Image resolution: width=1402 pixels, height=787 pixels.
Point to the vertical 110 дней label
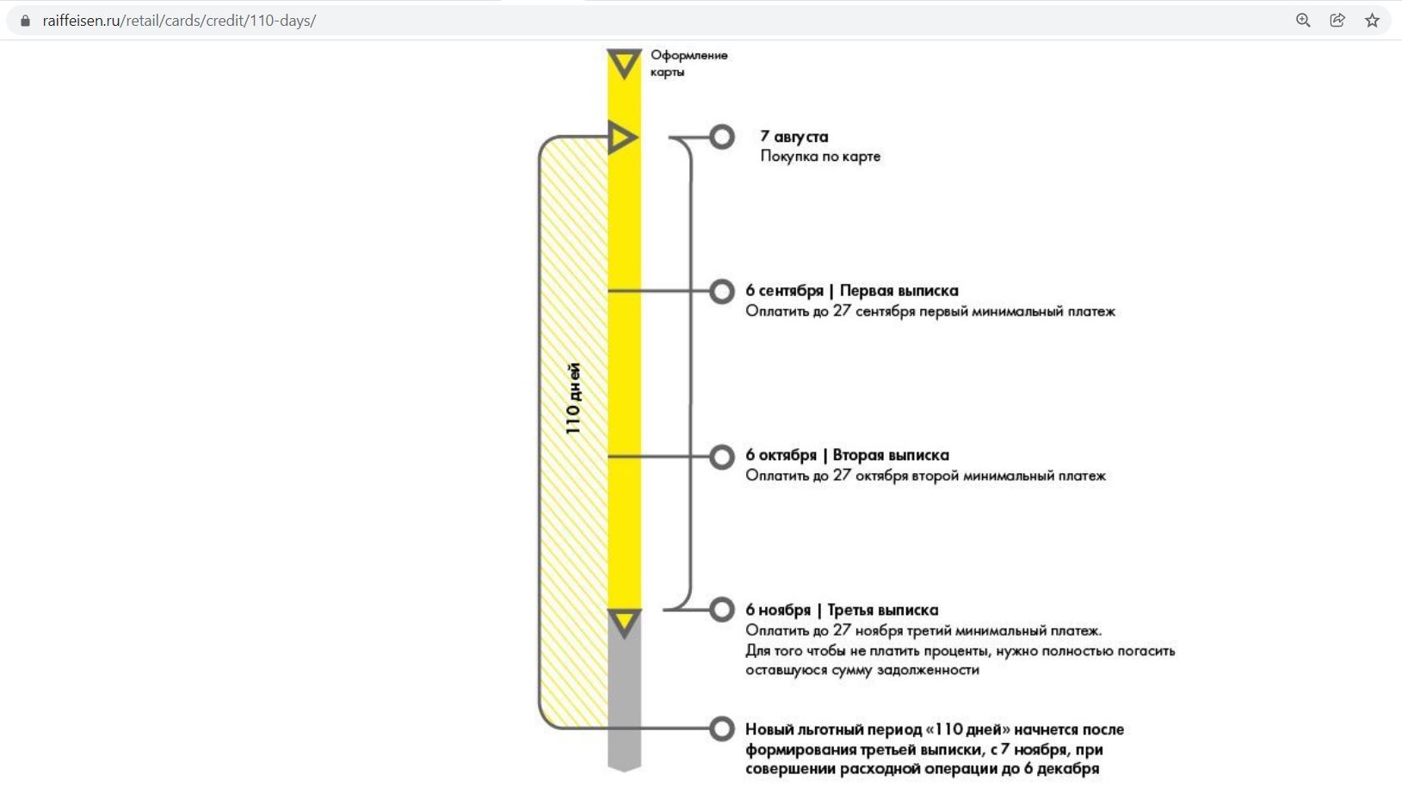(x=573, y=398)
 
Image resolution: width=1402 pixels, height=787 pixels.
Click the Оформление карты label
(x=689, y=63)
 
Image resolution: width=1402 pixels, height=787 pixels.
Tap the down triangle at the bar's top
(x=624, y=64)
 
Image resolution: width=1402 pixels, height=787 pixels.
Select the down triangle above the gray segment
(x=624, y=624)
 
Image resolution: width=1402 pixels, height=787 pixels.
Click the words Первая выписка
(x=899, y=291)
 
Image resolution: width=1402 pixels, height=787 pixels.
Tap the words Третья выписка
(x=882, y=610)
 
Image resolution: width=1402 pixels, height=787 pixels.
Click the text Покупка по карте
(x=820, y=157)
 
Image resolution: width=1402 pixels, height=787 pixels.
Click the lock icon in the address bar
(x=25, y=21)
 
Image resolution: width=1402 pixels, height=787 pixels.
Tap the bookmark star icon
(x=1372, y=21)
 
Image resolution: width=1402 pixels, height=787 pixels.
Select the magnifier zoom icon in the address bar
(x=1303, y=21)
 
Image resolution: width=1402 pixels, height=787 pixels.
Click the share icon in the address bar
(x=1337, y=21)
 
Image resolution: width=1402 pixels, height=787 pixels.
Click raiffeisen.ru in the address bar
(x=82, y=21)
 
